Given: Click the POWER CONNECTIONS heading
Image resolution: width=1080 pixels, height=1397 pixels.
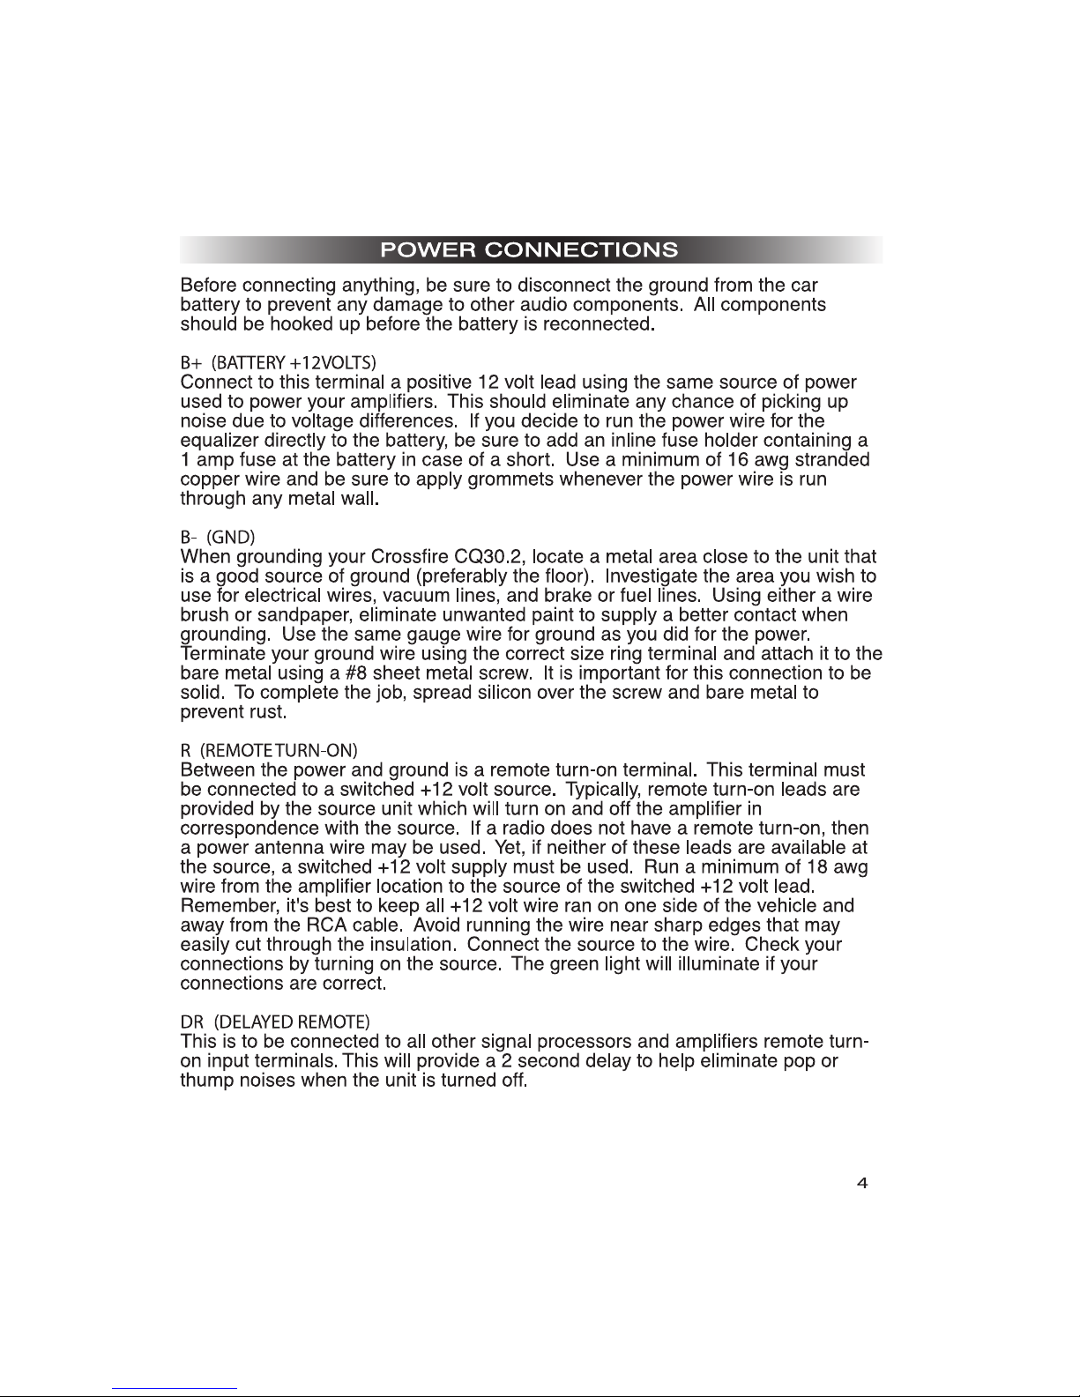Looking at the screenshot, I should tap(529, 249).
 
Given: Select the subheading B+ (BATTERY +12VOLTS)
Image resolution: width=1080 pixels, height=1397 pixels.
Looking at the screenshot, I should tap(279, 363).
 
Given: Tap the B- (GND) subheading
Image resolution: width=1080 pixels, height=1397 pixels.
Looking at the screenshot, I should tap(217, 537).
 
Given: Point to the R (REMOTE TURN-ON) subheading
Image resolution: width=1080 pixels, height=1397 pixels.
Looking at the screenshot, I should tap(269, 750).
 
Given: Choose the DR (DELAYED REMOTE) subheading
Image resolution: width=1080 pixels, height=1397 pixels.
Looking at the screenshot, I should tap(274, 1022).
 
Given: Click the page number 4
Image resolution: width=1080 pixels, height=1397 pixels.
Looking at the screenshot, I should tap(862, 1184).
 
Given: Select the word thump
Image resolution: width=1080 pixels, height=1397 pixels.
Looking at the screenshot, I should tap(205, 1081).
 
